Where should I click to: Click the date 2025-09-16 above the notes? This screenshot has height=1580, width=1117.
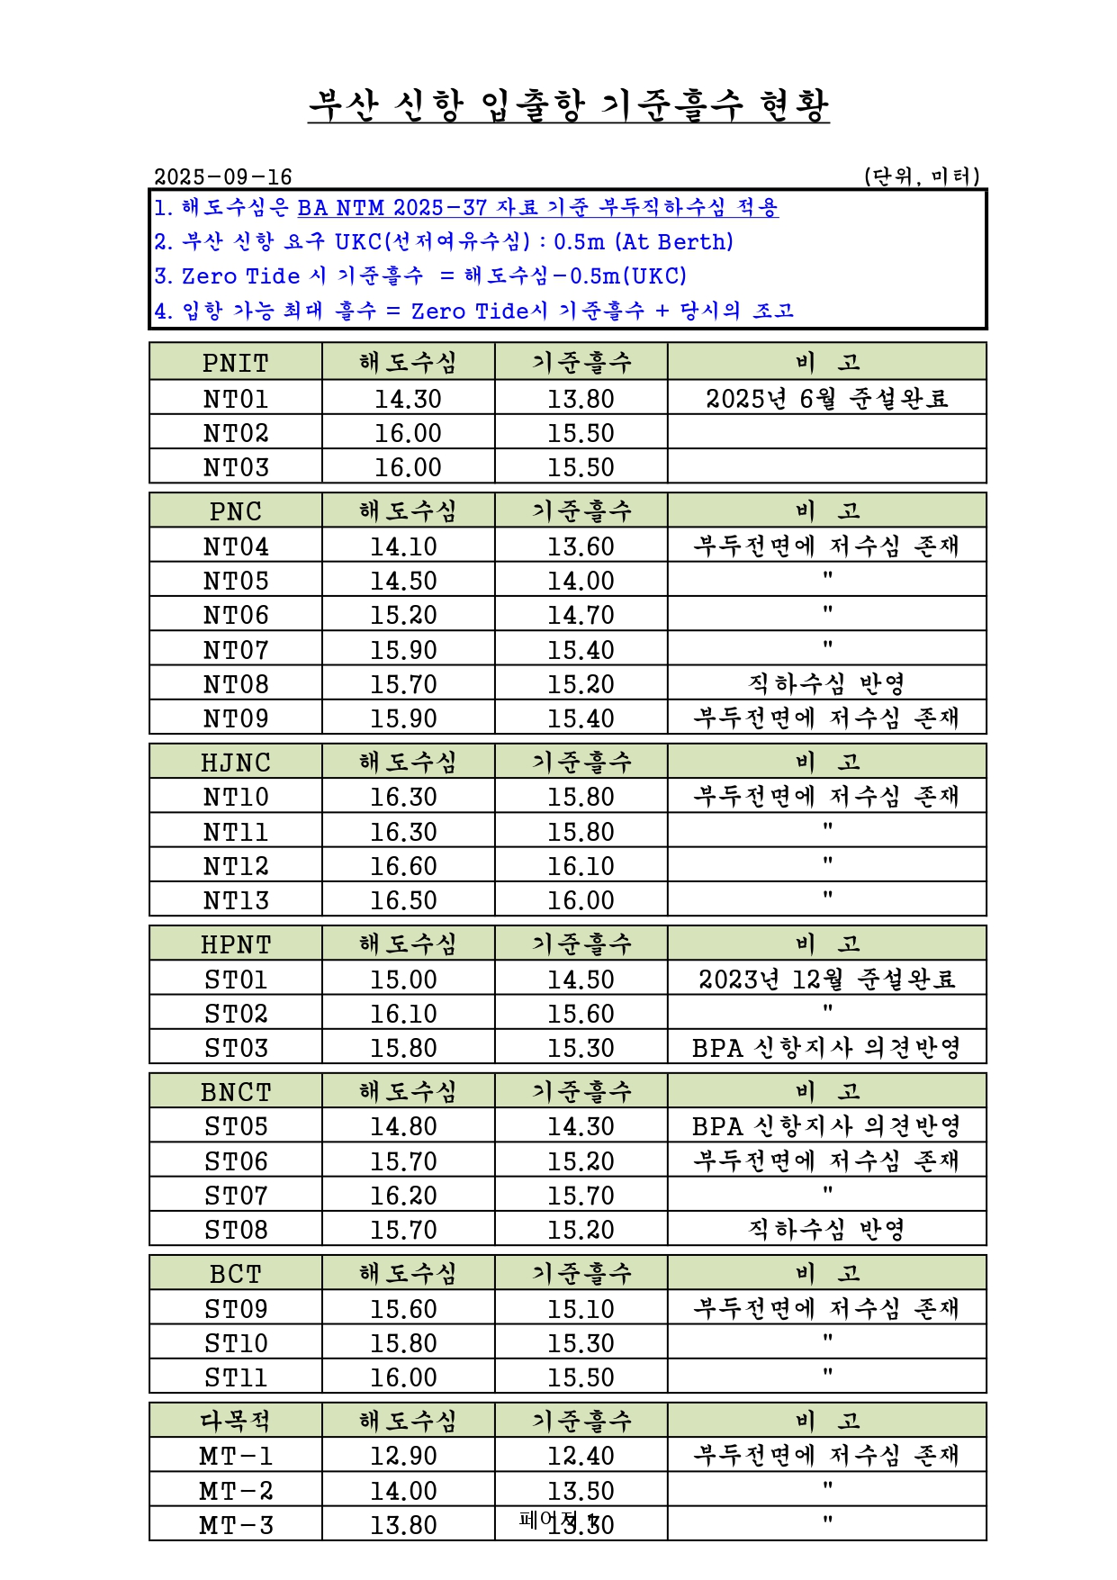(x=223, y=176)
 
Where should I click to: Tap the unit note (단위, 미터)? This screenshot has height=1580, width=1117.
(x=921, y=176)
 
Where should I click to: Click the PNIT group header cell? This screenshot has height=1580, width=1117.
(x=235, y=363)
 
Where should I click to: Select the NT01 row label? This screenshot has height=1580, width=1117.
(x=235, y=398)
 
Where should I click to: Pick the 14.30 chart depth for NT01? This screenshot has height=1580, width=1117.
(x=408, y=398)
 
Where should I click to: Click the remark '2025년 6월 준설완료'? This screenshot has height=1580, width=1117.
(x=826, y=398)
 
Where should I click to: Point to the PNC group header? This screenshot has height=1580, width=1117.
(x=235, y=511)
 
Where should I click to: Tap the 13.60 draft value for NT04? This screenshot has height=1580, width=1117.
(x=581, y=546)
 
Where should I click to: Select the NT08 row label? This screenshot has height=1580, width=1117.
(x=235, y=684)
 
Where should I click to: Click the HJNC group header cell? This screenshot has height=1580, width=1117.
(x=235, y=763)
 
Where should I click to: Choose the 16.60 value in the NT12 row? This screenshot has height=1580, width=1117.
(x=403, y=866)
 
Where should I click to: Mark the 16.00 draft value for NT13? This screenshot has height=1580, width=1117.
(x=581, y=900)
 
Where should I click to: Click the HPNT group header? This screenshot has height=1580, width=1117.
(x=235, y=944)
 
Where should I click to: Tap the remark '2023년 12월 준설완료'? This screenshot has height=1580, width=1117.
(x=826, y=979)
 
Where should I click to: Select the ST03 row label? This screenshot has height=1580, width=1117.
(x=235, y=1048)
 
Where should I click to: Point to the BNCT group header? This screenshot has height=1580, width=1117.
(x=235, y=1092)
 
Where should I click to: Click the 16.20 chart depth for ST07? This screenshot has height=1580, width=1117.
(x=403, y=1196)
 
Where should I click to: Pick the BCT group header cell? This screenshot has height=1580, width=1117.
(x=235, y=1274)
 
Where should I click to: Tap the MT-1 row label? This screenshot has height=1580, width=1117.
(x=235, y=1456)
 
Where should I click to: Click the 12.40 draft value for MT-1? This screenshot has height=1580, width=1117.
(x=581, y=1456)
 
